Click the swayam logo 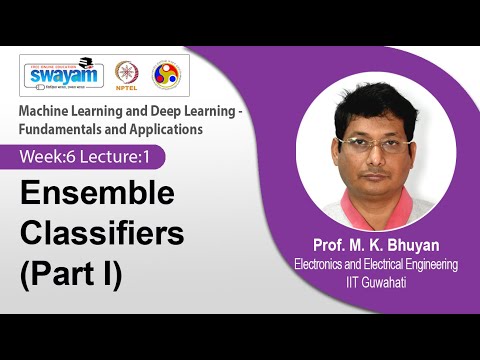(63, 75)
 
